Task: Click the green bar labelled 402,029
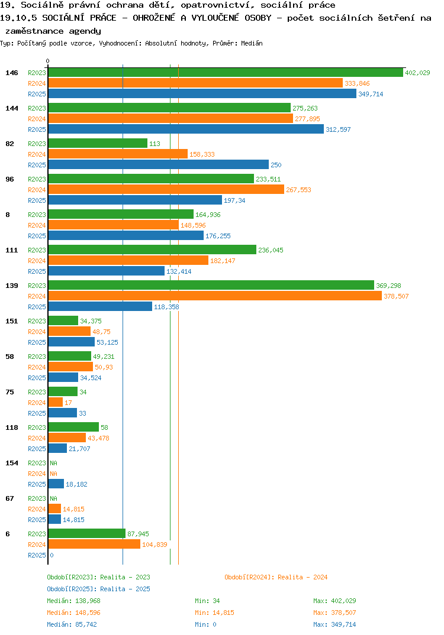tap(226, 73)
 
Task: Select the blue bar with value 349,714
tap(202, 93)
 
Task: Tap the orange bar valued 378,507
tap(215, 296)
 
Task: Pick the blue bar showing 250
tap(159, 164)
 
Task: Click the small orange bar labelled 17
tap(56, 402)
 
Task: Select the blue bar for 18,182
tap(56, 484)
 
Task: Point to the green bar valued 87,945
tap(87, 533)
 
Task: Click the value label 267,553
tap(298, 190)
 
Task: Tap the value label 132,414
tap(179, 271)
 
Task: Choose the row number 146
tap(12, 73)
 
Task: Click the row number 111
tap(12, 250)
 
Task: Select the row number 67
tap(9, 498)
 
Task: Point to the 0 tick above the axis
tap(47, 61)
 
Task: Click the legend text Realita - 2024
tap(303, 577)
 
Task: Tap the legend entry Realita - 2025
tap(125, 589)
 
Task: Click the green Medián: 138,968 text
tap(73, 601)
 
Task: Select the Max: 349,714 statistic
tap(334, 624)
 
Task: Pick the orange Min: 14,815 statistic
tap(214, 613)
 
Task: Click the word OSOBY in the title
tap(258, 18)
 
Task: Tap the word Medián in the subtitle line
tap(252, 43)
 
